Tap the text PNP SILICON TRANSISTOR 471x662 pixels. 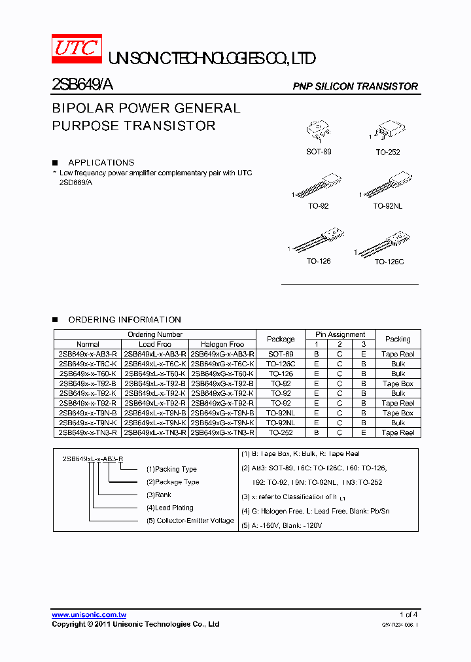[x=355, y=86]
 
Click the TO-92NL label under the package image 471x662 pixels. [x=387, y=206]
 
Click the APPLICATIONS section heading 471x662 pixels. [x=101, y=162]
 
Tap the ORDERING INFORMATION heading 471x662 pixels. [x=124, y=320]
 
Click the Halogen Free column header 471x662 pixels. [x=222, y=344]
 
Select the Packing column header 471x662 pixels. [x=398, y=339]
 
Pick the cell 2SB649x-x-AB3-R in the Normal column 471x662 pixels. [x=88, y=354]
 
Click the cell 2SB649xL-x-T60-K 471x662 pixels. [x=155, y=374]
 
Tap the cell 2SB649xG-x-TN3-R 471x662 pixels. [x=222, y=432]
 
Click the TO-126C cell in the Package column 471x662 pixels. [x=281, y=364]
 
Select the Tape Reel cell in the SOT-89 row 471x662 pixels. [x=398, y=354]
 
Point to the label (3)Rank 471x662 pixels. [x=158, y=495]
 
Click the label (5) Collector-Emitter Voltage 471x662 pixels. [x=190, y=521]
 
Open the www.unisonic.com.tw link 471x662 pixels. [x=89, y=615]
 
